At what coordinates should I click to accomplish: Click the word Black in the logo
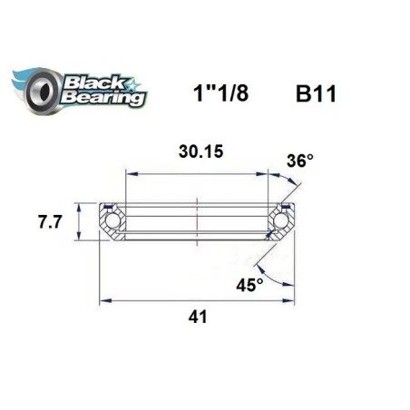pyautogui.click(x=93, y=79)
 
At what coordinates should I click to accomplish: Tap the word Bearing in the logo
pyautogui.click(x=100, y=96)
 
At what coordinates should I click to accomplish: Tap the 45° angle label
pyautogui.click(x=249, y=284)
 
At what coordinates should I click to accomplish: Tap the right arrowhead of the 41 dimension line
pyautogui.click(x=291, y=298)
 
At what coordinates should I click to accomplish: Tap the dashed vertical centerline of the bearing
pyautogui.click(x=198, y=218)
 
